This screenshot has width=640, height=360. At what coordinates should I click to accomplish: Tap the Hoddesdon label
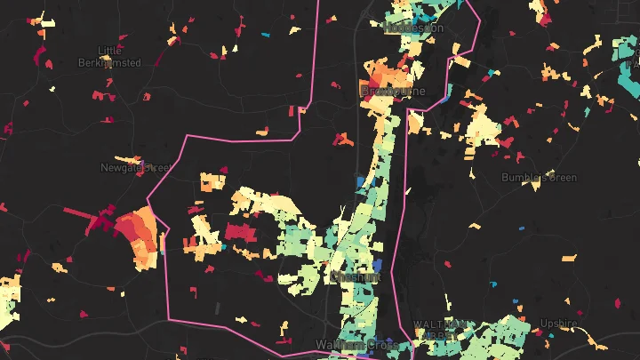click(x=412, y=28)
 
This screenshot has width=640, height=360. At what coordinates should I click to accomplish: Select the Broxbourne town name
click(x=392, y=92)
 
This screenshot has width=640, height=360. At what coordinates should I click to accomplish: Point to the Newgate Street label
click(x=134, y=166)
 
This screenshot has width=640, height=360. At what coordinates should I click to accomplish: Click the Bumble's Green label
click(x=539, y=178)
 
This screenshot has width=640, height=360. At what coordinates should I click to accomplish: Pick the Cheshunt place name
click(x=355, y=277)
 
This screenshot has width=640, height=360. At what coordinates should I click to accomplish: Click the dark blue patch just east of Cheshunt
click(x=377, y=265)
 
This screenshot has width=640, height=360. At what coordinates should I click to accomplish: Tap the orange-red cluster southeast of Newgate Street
click(x=141, y=237)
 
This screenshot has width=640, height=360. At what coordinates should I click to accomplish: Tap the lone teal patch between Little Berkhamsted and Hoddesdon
click(x=265, y=36)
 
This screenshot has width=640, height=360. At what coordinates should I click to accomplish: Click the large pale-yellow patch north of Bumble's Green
click(x=484, y=124)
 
